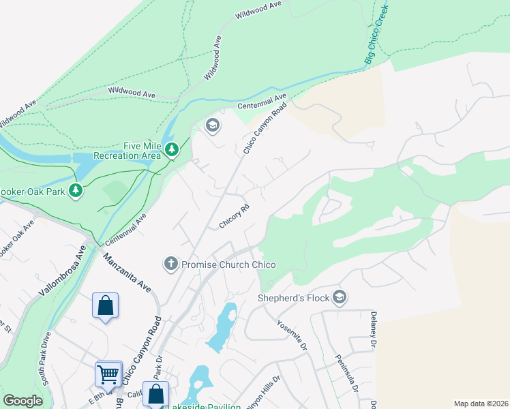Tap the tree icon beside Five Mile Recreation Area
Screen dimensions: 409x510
[x=172, y=149]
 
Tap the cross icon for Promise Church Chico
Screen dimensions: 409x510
[x=170, y=264]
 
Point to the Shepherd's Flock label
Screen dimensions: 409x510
[x=293, y=298]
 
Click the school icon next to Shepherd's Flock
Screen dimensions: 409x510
[x=340, y=297]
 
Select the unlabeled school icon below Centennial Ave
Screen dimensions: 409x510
[x=212, y=125]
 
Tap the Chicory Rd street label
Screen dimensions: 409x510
[x=232, y=216]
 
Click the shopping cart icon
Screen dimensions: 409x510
[x=108, y=374]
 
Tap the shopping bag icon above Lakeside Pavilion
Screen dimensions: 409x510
[x=156, y=394]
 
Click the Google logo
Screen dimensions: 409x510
[x=22, y=401]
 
